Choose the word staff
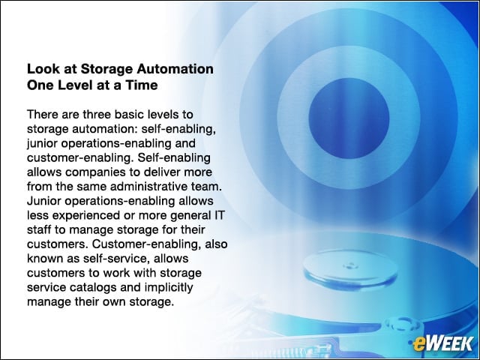click(39, 229)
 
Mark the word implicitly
click(169, 288)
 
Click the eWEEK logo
click(442, 343)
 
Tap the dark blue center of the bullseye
click(349, 118)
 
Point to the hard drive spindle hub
click(351, 265)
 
